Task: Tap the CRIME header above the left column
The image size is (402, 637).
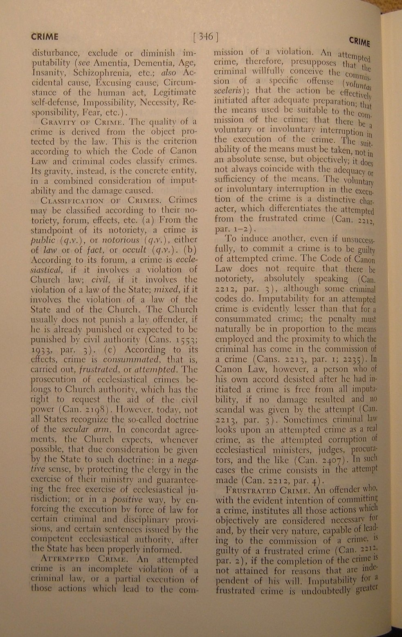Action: [x=45, y=36]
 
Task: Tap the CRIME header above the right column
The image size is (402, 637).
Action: [x=359, y=42]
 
